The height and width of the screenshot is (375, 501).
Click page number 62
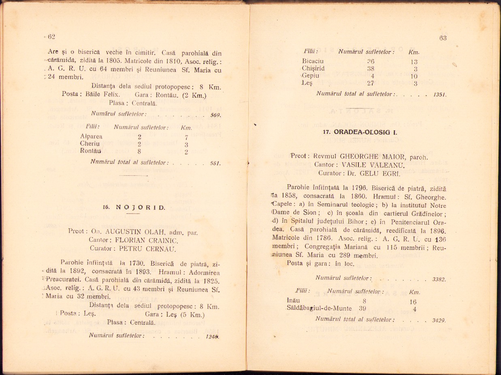[51, 37]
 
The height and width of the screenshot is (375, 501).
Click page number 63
[442, 38]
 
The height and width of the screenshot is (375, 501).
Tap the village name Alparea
[91, 136]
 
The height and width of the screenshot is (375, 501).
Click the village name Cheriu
[90, 143]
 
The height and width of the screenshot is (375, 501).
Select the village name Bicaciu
[313, 61]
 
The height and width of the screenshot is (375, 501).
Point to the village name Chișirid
[313, 68]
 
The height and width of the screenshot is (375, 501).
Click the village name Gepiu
[311, 76]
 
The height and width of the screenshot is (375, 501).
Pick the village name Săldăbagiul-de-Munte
[319, 308]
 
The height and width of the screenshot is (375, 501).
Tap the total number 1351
[439, 94]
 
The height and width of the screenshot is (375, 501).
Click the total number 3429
[439, 320]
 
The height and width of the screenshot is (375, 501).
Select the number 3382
[439, 279]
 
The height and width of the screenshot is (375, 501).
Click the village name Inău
[293, 301]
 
